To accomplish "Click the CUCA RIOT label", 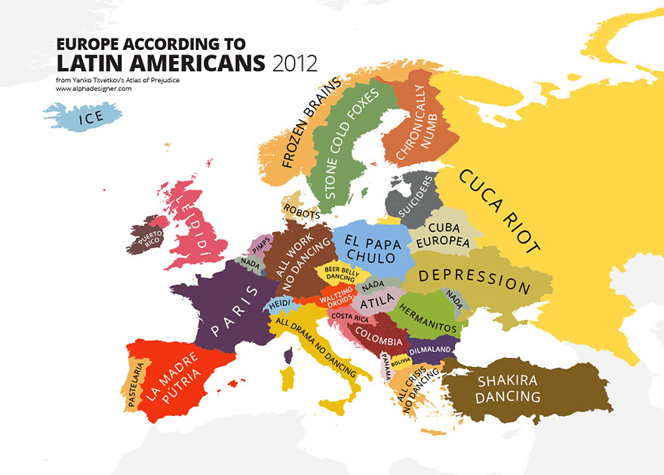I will [499, 212].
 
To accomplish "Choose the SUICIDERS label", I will [416, 197].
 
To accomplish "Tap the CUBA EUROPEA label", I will [450, 235].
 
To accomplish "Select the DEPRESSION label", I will [475, 279].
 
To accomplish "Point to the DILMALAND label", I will [431, 350].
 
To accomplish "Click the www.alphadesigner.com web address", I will [94, 88].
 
